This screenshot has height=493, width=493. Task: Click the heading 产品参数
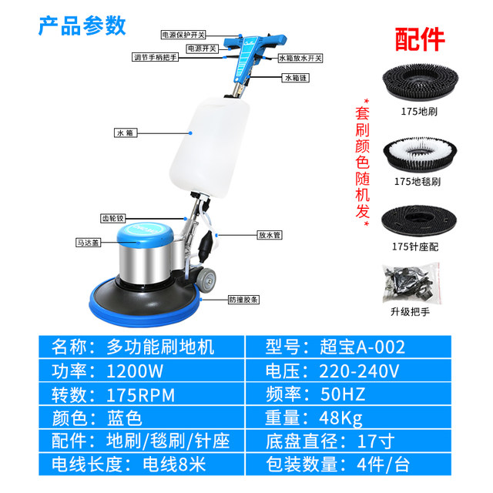click(x=82, y=25)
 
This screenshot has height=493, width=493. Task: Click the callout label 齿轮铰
click(x=113, y=218)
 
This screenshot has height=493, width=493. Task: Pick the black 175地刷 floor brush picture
click(x=421, y=85)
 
